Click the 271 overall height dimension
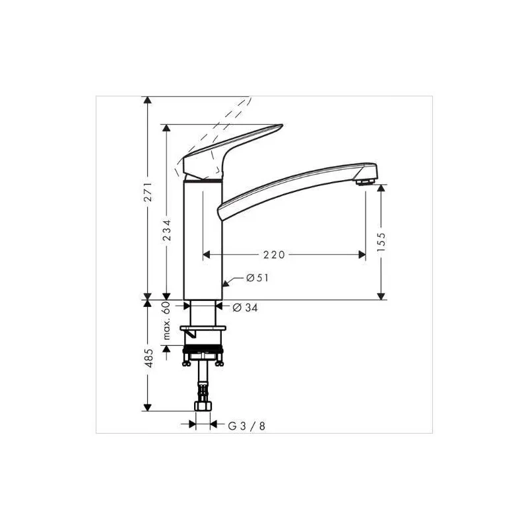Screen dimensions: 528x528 pyautogui.click(x=148, y=192)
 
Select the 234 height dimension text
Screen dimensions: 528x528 pyautogui.click(x=168, y=230)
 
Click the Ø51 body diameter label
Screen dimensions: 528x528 pyautogui.click(x=257, y=279)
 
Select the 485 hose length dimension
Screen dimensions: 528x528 pyautogui.click(x=149, y=358)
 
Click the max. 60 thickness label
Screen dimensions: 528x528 pyautogui.click(x=168, y=321)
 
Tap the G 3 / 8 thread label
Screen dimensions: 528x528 pyautogui.click(x=247, y=426)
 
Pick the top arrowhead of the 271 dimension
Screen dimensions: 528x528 pyautogui.click(x=148, y=101)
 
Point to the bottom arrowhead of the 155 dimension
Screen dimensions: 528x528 pyautogui.click(x=381, y=296)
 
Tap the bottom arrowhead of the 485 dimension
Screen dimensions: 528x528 pyautogui.click(x=148, y=406)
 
